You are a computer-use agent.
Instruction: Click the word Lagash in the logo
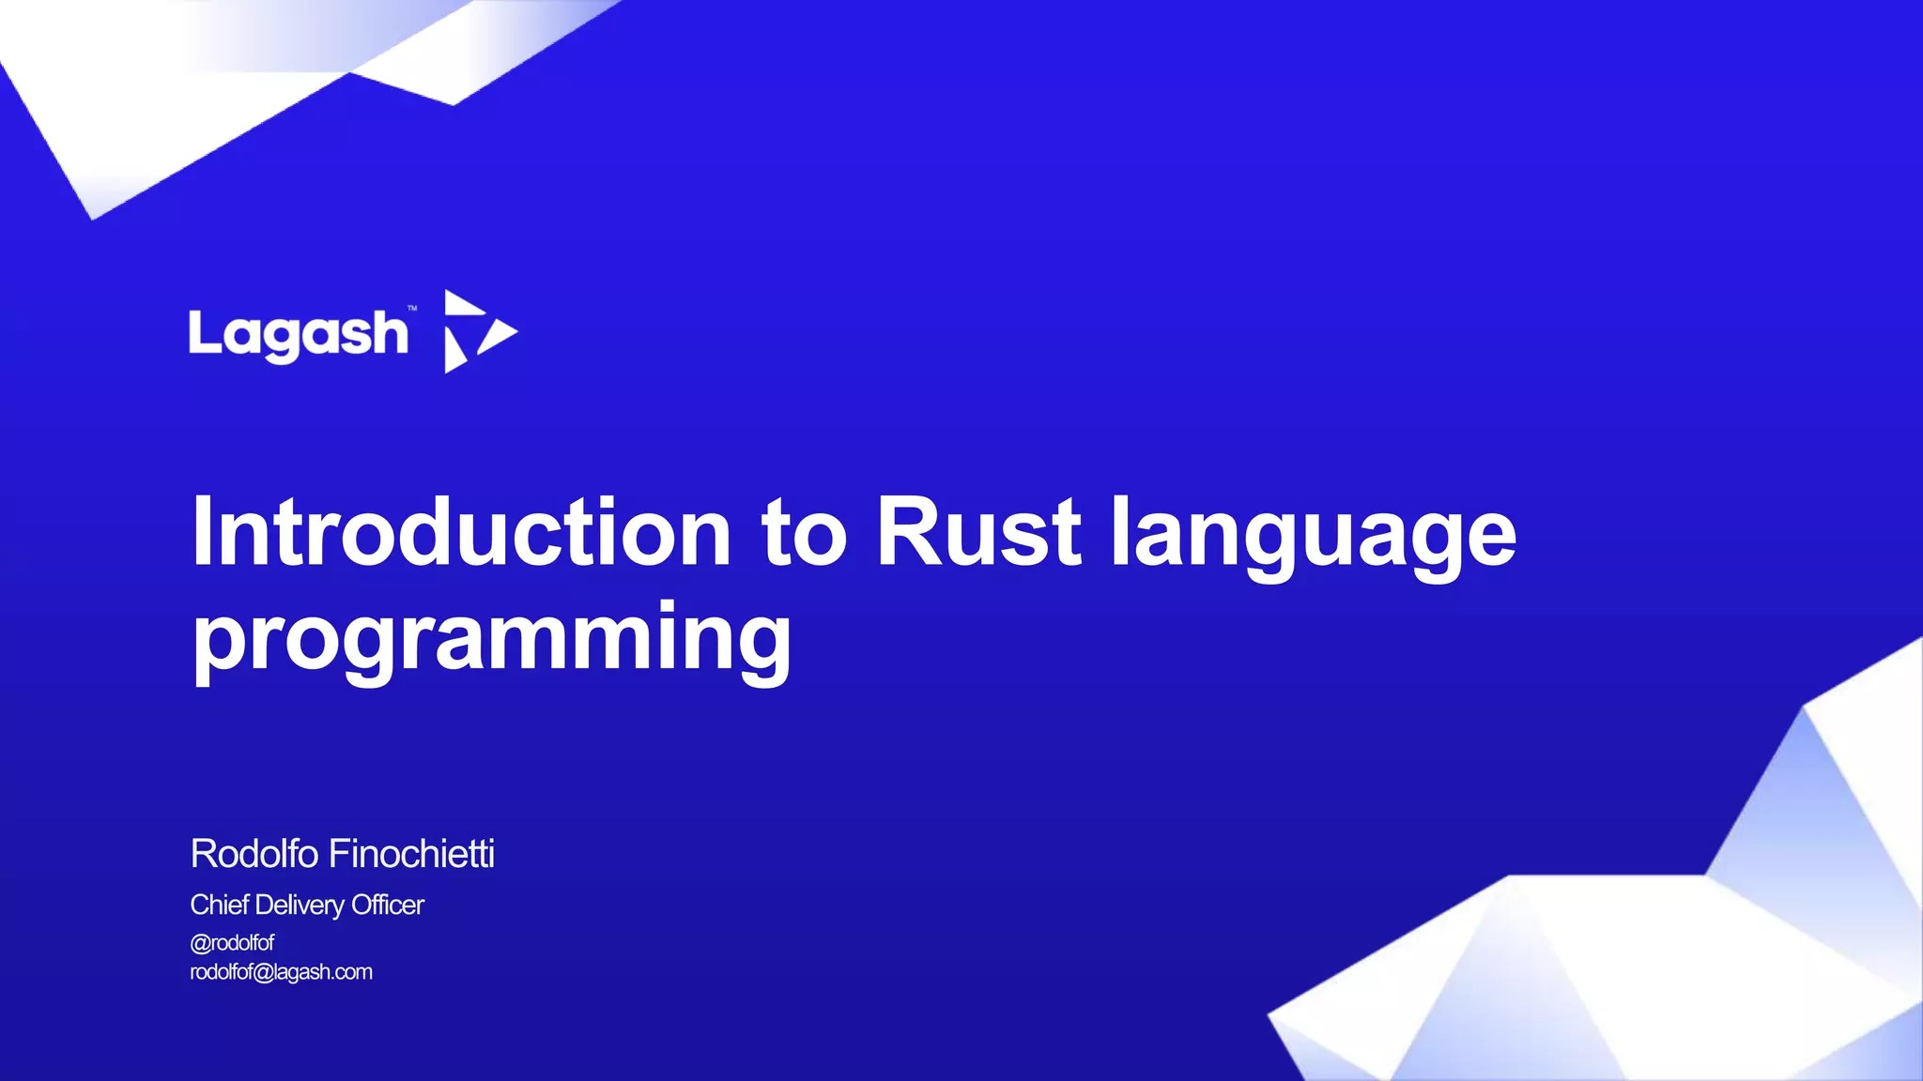point(299,334)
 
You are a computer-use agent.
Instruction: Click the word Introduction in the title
point(461,532)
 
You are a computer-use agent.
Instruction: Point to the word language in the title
point(1313,534)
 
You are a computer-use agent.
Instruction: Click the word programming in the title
point(492,638)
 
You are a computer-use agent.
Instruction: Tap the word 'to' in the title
point(805,534)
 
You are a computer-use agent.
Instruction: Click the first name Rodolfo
point(254,854)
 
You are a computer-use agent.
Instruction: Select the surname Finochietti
point(411,854)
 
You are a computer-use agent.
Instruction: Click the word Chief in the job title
point(219,905)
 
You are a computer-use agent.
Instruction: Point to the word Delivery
point(300,906)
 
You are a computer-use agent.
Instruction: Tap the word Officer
point(387,905)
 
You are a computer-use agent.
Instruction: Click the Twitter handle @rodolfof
point(232,942)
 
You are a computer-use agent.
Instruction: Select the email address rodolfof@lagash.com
point(281,972)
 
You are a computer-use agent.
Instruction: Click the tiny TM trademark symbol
point(412,308)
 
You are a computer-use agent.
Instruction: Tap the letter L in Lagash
point(202,332)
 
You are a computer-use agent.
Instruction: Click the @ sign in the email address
point(263,972)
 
